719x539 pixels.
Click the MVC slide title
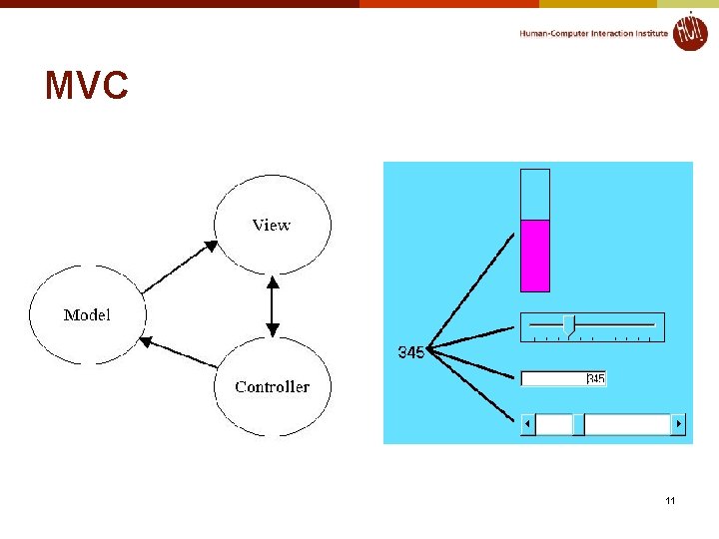click(x=87, y=87)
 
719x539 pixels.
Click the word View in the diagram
click(x=271, y=226)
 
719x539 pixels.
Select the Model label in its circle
click(x=87, y=315)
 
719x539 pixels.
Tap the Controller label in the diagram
click(x=272, y=387)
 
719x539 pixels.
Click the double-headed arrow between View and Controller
click(x=271, y=306)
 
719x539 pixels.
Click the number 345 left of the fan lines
click(x=410, y=352)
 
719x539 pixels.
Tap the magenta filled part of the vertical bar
click(x=535, y=256)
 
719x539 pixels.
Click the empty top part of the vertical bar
click(x=535, y=195)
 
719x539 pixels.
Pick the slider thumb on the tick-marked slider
click(x=568, y=325)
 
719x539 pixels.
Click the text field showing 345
click(x=563, y=378)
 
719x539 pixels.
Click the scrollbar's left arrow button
click(x=528, y=424)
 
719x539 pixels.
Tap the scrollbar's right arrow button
click(x=678, y=424)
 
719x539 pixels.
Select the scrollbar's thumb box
click(x=578, y=424)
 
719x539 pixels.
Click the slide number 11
click(x=670, y=500)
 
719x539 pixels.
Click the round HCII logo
click(x=689, y=31)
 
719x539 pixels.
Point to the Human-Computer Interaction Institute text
click(x=593, y=33)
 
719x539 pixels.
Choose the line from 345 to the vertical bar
click(x=474, y=292)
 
